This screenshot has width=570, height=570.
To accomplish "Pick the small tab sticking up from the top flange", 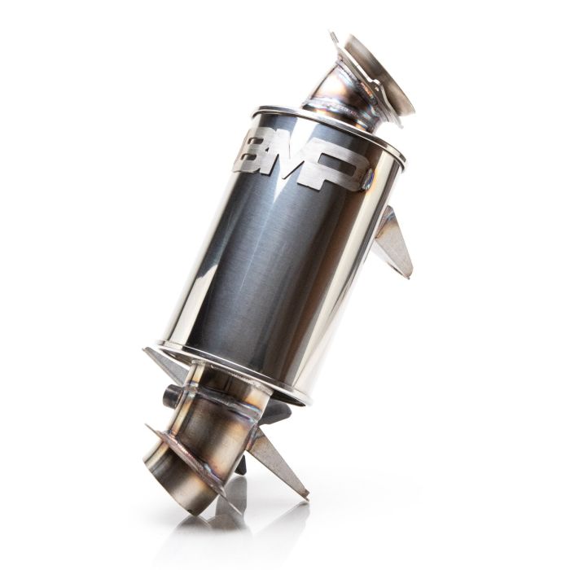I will [335, 40].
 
